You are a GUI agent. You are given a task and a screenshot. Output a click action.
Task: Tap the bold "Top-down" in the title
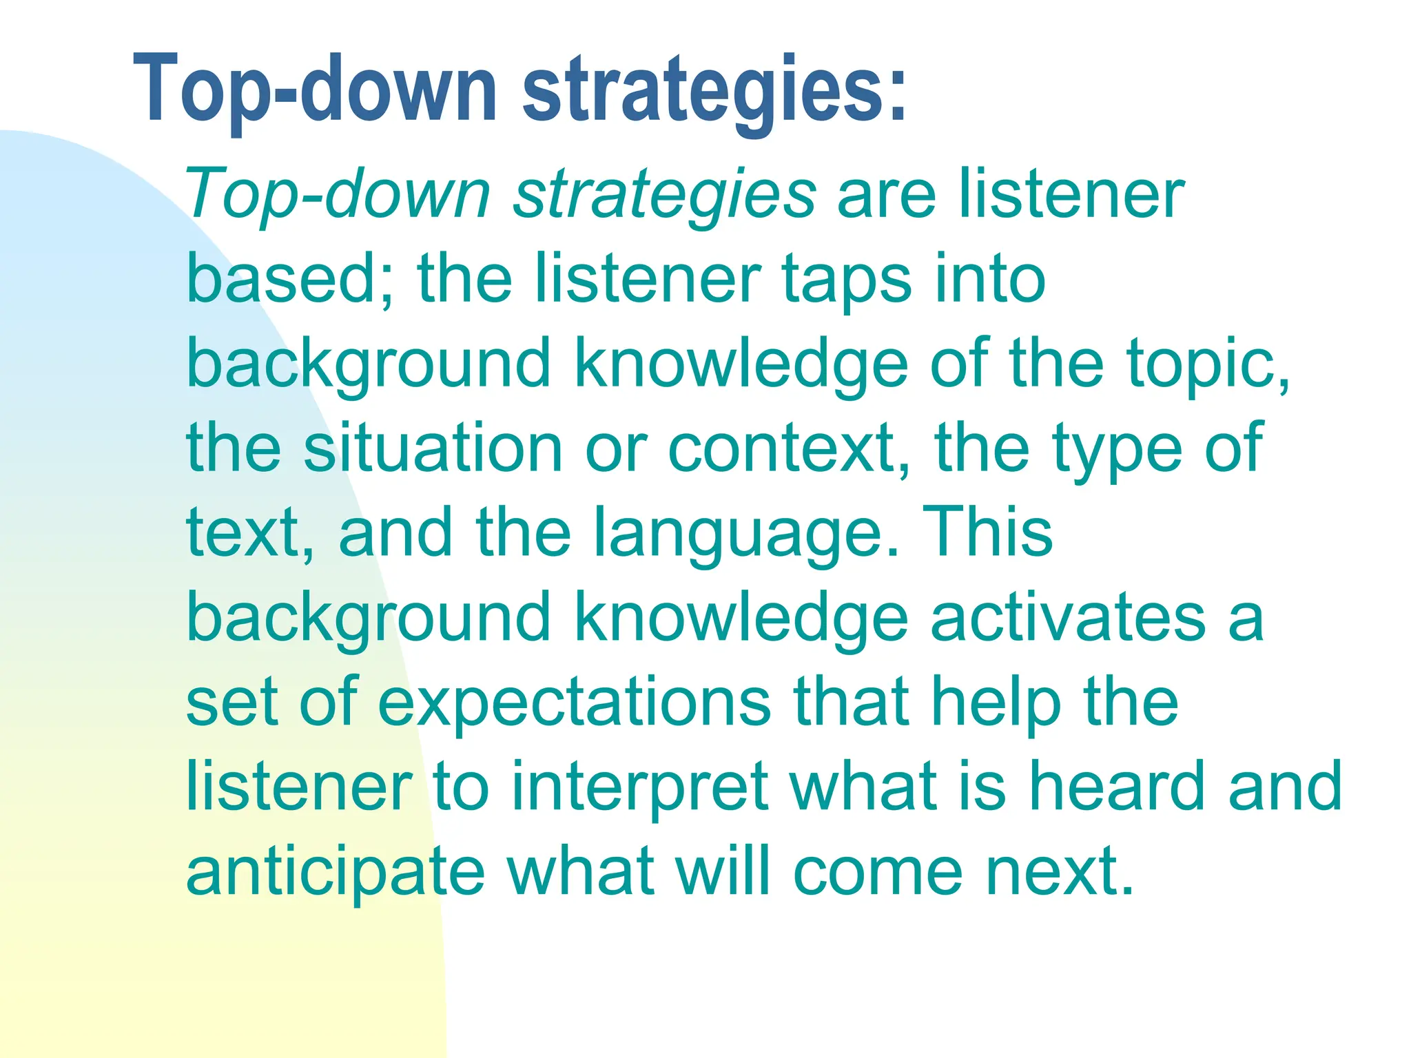[x=313, y=90]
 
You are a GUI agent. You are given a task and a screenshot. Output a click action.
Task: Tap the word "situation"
[x=433, y=448]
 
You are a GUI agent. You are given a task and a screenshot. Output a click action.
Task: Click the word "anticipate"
[x=336, y=872]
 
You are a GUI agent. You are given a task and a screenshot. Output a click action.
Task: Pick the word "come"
[x=878, y=872]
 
